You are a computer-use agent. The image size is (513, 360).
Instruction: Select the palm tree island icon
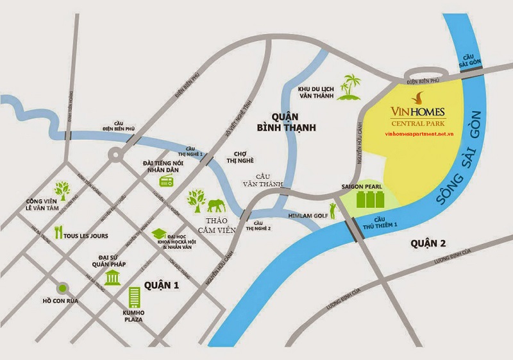[351, 89]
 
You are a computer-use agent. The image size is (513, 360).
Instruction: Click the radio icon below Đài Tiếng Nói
[165, 181]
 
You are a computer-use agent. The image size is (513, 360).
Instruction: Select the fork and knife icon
[58, 233]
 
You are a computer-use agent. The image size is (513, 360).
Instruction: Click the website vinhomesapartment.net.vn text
[419, 136]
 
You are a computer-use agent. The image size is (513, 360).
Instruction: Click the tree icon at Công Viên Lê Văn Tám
[62, 189]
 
